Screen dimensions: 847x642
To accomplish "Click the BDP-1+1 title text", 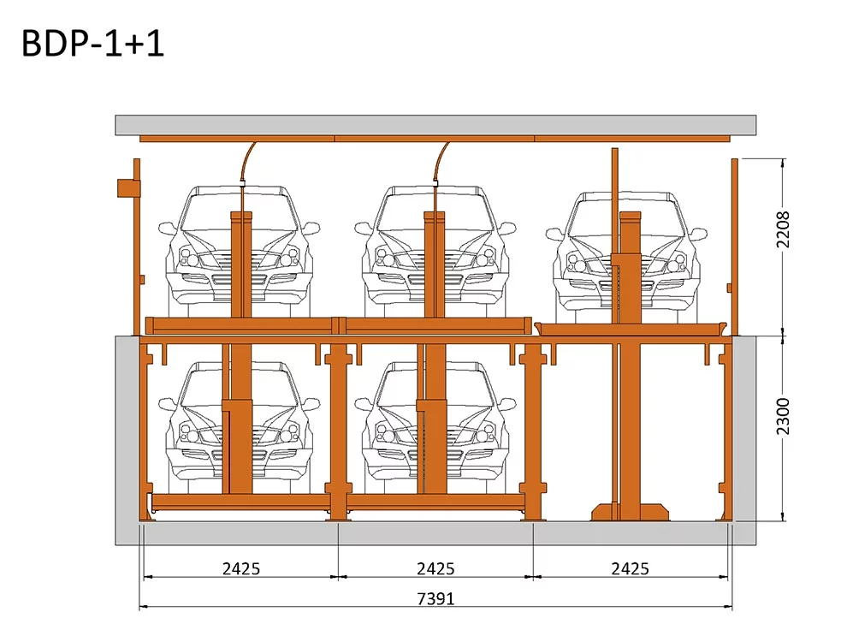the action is [93, 44].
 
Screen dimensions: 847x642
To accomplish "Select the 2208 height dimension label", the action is [783, 229].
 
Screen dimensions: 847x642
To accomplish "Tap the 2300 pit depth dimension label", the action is [783, 416].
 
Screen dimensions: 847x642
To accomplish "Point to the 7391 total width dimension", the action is [435, 598].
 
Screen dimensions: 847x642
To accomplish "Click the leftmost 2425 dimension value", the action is [241, 568].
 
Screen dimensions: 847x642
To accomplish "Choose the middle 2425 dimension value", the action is [435, 568].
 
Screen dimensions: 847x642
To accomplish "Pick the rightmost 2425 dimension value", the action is [630, 568].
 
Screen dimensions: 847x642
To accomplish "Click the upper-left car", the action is [240, 252].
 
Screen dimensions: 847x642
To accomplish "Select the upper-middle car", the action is [435, 252].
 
